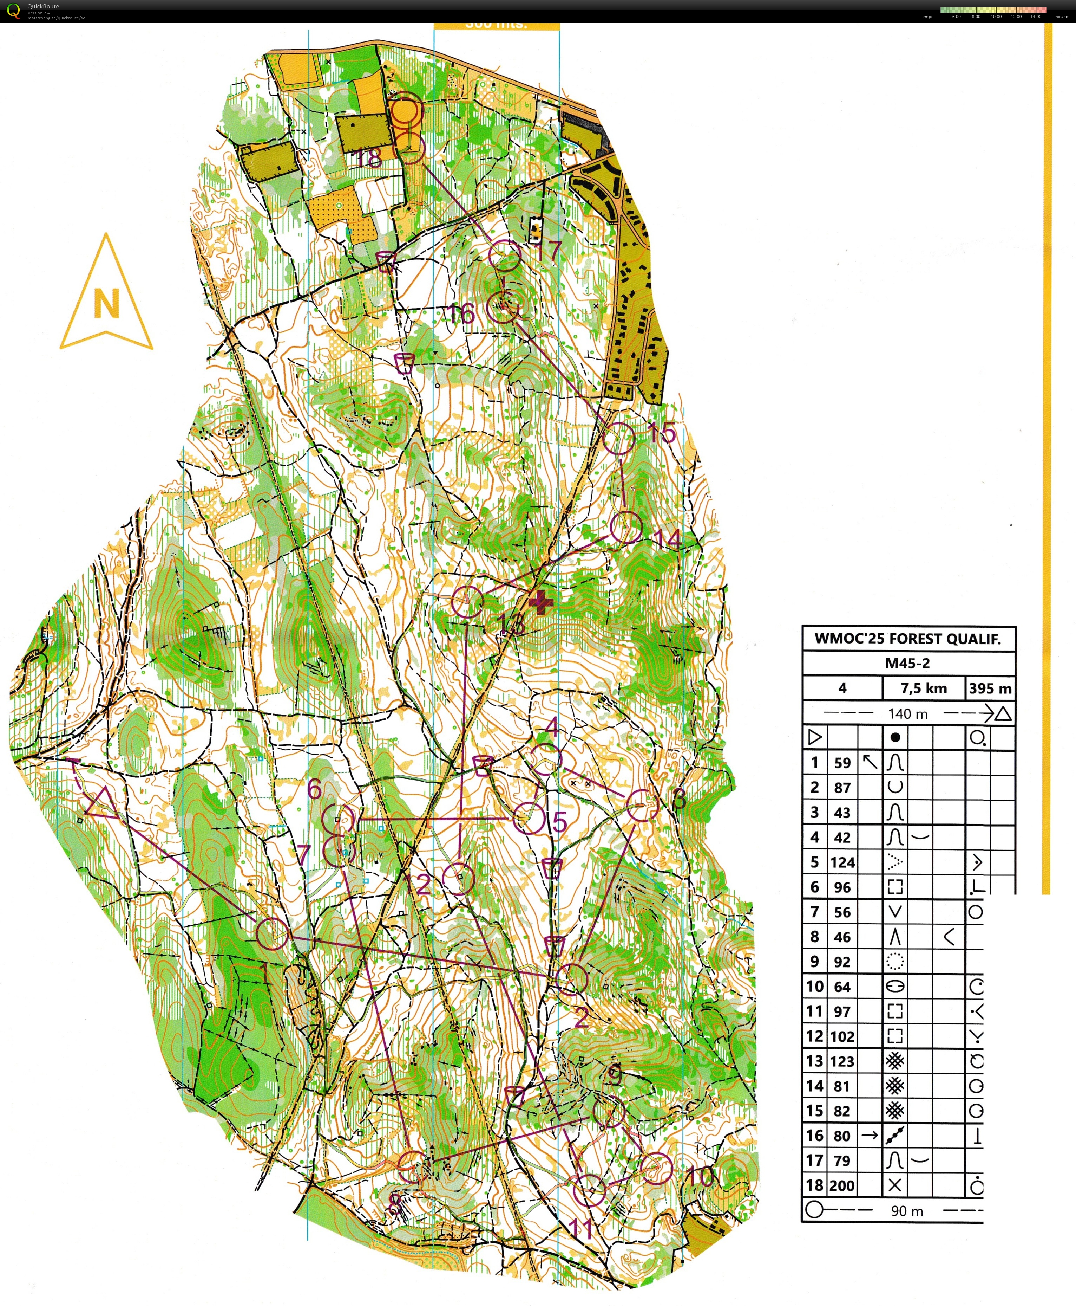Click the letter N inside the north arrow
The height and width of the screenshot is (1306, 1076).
[106, 304]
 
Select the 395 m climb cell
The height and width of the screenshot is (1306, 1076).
[990, 688]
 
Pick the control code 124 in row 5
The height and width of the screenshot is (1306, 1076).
[842, 862]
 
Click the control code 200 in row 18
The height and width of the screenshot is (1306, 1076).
[842, 1185]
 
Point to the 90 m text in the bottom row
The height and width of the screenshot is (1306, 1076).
[907, 1210]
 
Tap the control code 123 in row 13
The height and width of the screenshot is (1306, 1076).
[842, 1061]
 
